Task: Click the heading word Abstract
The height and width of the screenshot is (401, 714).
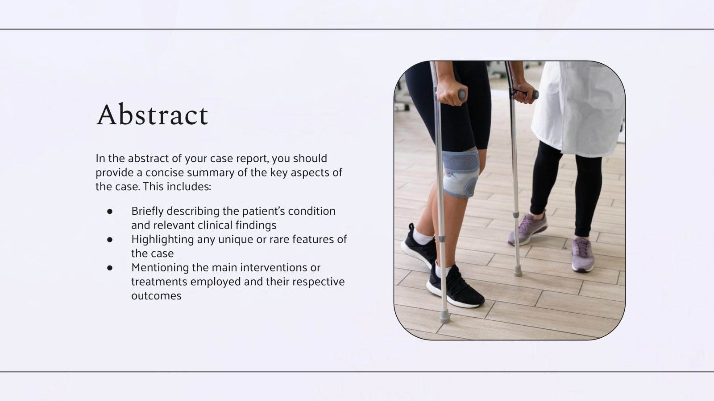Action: [152, 115]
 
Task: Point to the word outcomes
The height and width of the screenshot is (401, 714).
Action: [156, 296]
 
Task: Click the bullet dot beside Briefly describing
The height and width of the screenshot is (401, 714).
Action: [110, 211]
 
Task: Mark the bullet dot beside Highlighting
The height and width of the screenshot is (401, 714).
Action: [110, 239]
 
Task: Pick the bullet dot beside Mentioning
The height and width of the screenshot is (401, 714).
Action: [110, 267]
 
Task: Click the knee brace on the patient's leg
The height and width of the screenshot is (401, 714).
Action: [460, 172]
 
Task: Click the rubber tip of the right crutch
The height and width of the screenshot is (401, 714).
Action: [518, 271]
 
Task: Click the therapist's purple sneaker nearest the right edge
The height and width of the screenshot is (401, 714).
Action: [583, 254]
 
